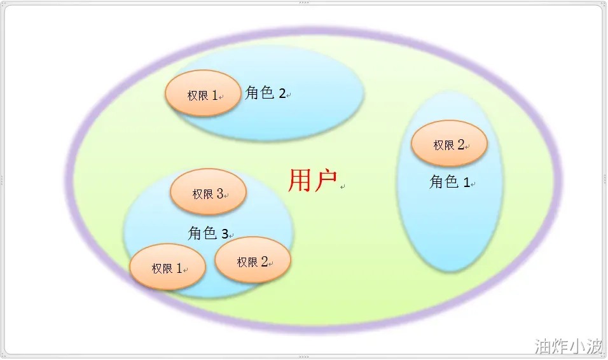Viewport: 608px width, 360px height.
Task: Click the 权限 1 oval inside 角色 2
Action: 203,93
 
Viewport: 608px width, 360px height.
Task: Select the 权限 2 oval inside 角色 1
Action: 449,144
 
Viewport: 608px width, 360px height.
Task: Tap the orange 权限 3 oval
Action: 208,191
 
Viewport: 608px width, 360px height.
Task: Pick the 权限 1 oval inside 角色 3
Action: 167,267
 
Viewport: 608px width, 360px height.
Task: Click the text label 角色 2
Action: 266,93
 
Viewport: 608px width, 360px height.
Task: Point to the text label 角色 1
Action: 450,181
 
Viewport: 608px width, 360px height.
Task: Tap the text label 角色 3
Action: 208,233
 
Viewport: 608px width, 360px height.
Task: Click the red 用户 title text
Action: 312,181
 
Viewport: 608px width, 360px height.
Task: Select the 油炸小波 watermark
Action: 569,346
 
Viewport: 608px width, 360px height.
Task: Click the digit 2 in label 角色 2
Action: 282,93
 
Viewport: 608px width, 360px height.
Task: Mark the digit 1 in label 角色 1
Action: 467,183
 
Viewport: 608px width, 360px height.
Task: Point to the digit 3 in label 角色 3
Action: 225,234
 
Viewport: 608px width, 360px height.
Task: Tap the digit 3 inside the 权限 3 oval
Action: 220,193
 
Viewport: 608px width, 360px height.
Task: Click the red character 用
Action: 300,181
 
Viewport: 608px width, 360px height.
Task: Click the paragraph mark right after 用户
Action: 342,187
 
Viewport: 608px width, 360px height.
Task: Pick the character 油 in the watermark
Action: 543,346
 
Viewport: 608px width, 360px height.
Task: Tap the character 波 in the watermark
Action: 595,346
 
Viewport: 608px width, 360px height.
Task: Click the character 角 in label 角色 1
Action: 436,181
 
